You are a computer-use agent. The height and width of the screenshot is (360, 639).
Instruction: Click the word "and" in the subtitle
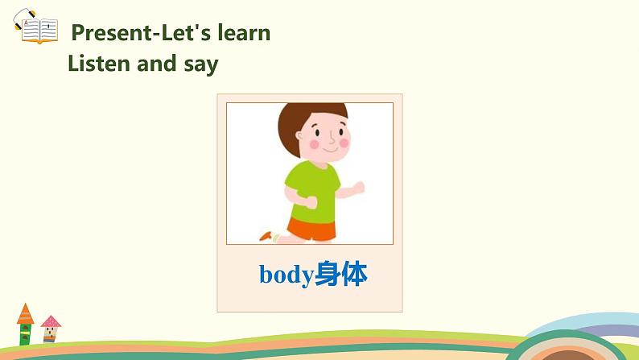pos(159,64)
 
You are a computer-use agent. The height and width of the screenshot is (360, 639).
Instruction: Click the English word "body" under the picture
pos(286,275)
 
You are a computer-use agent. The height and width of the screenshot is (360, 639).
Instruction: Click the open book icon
pos(38,31)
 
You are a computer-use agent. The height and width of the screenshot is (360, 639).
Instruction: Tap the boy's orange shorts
pos(312,228)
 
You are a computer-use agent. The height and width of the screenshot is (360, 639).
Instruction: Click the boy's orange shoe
pos(266,236)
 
